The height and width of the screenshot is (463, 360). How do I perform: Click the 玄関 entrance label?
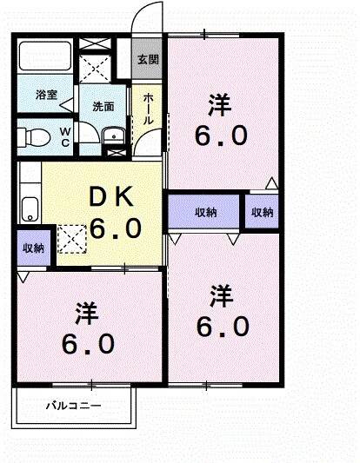(148, 60)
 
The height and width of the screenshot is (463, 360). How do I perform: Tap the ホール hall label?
(149, 108)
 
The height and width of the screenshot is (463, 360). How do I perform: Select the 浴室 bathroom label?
(46, 96)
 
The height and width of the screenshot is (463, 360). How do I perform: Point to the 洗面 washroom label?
(103, 107)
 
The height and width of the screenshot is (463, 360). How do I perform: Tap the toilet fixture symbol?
(35, 136)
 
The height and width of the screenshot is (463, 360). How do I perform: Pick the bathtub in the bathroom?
(45, 60)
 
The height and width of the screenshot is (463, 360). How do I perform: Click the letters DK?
(110, 198)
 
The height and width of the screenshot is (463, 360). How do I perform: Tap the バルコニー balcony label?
(73, 406)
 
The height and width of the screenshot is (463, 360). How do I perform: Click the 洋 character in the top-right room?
(219, 105)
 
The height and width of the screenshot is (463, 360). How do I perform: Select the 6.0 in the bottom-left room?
(87, 344)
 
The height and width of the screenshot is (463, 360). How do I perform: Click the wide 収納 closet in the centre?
(206, 213)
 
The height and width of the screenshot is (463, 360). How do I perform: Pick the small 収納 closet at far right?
(262, 213)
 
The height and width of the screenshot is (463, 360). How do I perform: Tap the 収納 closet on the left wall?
(33, 248)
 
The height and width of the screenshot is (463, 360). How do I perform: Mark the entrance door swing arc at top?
(150, 17)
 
